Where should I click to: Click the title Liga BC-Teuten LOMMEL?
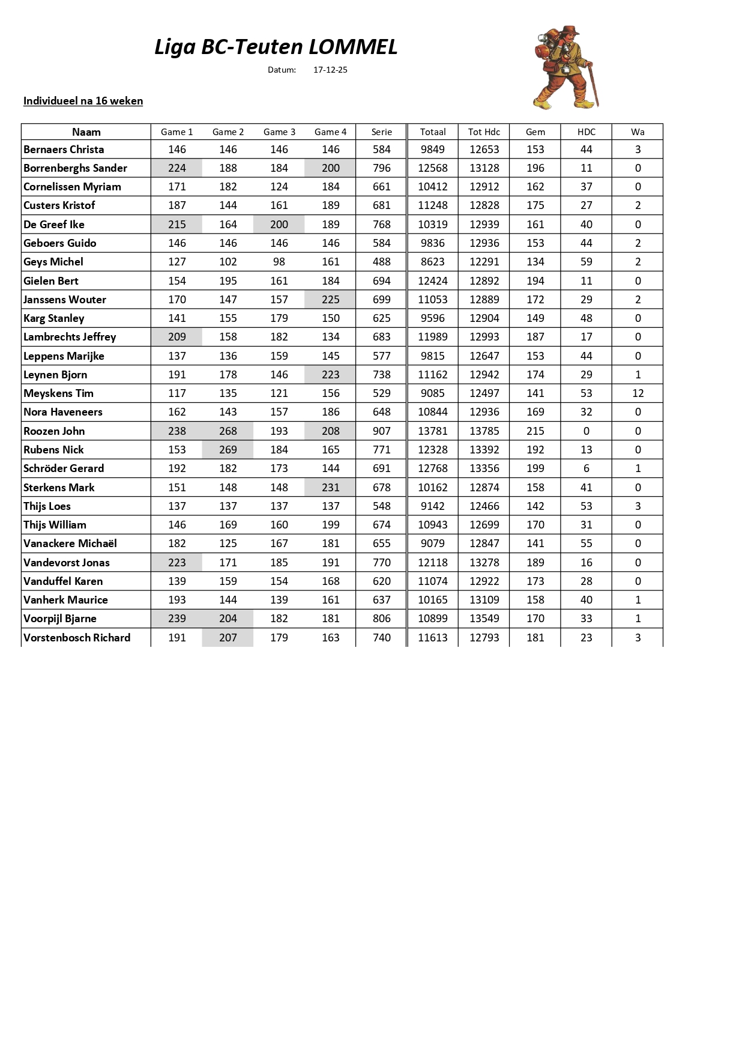tap(276, 47)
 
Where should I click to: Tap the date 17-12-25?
tap(330, 70)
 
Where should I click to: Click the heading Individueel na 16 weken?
tap(83, 101)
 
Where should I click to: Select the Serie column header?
tap(381, 132)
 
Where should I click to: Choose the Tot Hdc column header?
tap(484, 132)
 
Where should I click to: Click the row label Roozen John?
tap(54, 431)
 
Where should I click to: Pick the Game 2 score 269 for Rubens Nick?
tap(228, 450)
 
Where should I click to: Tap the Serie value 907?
tap(381, 431)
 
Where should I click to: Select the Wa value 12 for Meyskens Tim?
tap(638, 393)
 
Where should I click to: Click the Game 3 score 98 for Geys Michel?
tap(279, 262)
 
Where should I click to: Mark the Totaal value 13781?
tap(433, 431)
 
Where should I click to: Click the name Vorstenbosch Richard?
tap(77, 638)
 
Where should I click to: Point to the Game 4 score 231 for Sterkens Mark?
tap(330, 488)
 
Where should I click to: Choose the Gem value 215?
tap(535, 431)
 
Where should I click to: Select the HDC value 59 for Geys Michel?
tap(586, 262)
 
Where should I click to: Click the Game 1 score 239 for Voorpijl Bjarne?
tap(177, 619)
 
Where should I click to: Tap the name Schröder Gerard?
tap(64, 468)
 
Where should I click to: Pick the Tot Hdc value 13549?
tap(484, 619)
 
